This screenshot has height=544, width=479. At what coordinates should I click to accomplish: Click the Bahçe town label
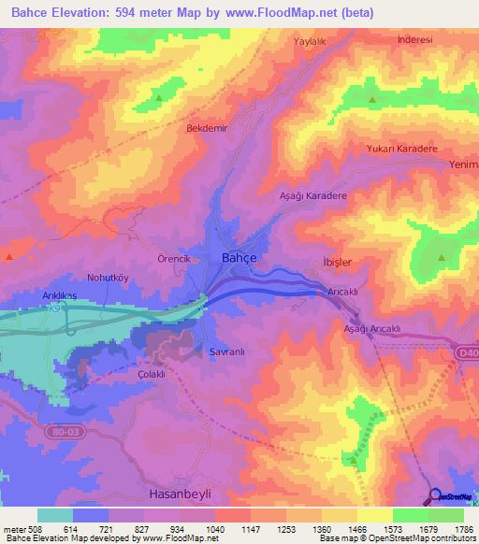[239, 257]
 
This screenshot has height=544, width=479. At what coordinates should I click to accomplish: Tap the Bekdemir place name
[208, 128]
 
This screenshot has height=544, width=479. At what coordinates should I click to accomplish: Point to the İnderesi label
[414, 40]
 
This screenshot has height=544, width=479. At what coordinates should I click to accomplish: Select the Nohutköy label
[107, 278]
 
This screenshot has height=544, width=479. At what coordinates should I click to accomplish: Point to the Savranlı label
[225, 352]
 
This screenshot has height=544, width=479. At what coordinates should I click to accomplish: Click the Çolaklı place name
[151, 374]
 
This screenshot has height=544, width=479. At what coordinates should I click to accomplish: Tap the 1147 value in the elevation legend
[251, 528]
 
